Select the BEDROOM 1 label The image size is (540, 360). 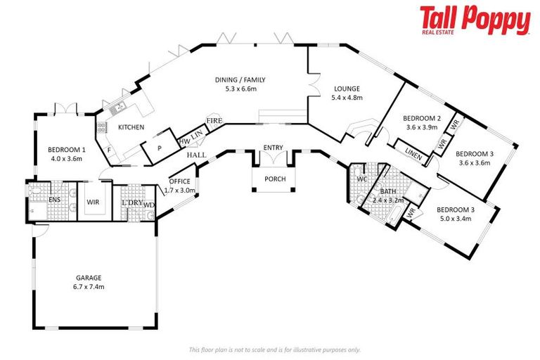(67, 149)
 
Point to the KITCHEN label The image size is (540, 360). (131, 127)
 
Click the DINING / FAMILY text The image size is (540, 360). (240, 79)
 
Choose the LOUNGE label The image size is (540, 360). (346, 89)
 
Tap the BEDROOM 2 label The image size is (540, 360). (422, 118)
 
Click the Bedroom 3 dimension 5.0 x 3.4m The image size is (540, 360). (454, 219)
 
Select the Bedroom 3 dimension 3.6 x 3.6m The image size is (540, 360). (473, 162)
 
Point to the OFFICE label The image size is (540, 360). (179, 181)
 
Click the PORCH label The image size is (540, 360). (275, 179)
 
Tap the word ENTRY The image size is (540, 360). (273, 147)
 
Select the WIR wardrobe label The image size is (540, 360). (91, 202)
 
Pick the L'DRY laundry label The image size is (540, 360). (131, 202)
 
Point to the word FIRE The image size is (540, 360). (214, 121)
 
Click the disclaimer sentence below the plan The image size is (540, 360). (275, 349)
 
